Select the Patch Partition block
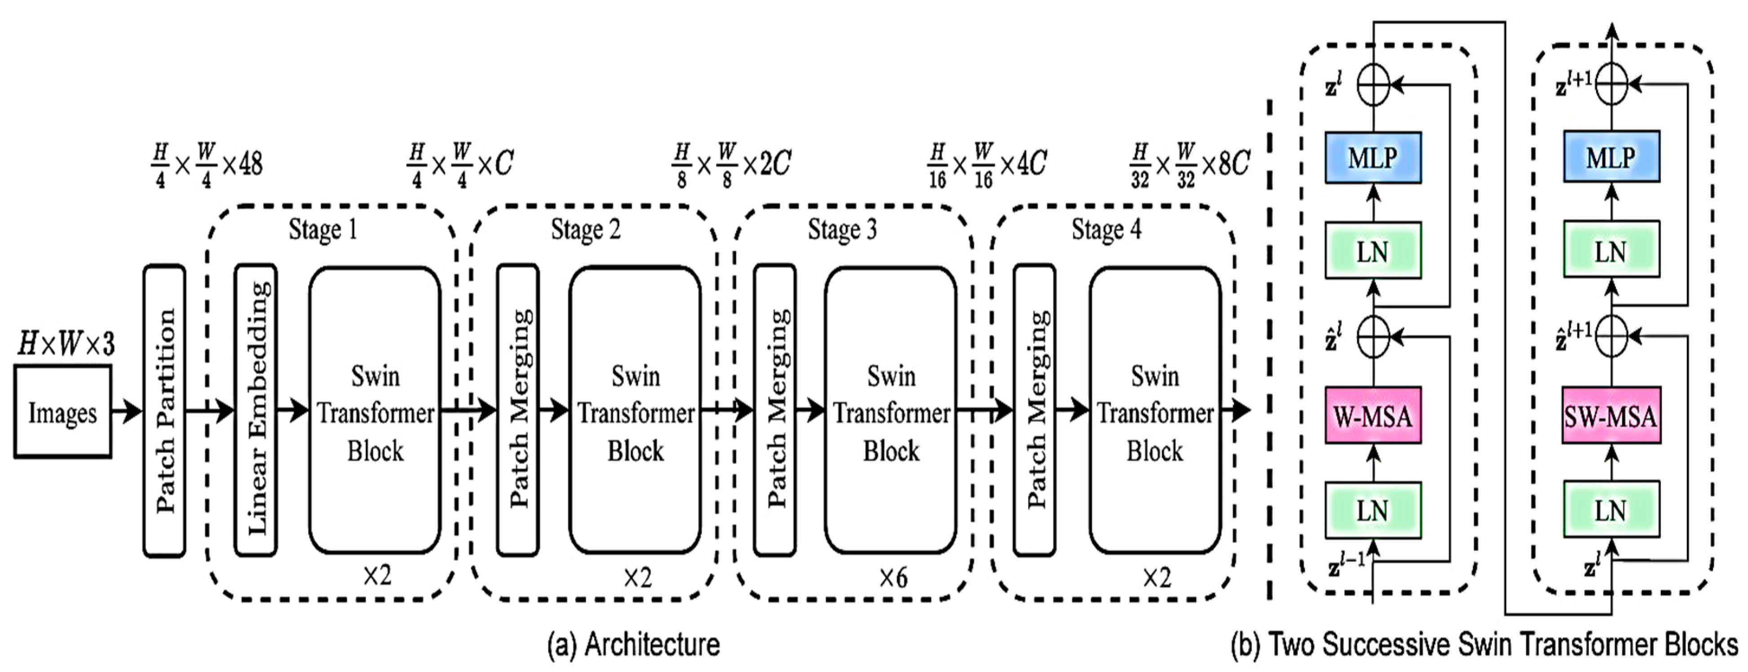coord(164,411)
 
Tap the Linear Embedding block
coord(256,411)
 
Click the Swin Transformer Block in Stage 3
coord(890,411)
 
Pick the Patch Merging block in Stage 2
coord(518,411)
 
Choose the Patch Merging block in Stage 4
coord(1034,411)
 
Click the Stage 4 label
coord(1106,229)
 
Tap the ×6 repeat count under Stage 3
coord(893,578)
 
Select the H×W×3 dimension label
coord(66,345)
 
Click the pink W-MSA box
coord(1373,415)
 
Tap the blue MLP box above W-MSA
coord(1373,157)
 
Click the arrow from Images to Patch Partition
coord(126,411)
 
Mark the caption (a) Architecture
coord(633,644)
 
